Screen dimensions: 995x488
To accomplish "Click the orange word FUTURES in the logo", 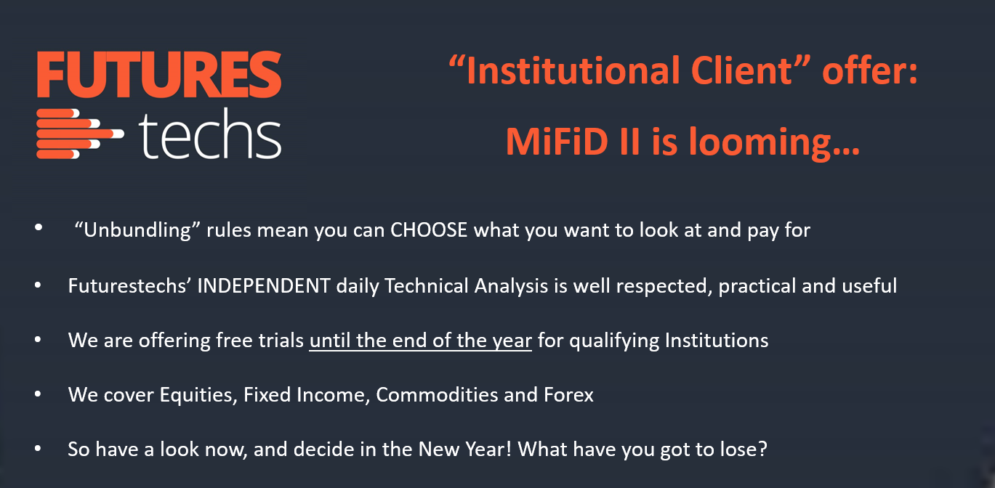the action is pyautogui.click(x=159, y=75).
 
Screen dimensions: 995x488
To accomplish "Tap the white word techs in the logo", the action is pyautogui.click(x=210, y=134).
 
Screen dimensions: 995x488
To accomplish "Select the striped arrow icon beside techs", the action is pyautogui.click(x=80, y=134).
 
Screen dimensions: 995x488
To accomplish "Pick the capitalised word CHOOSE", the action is pyautogui.click(x=429, y=230).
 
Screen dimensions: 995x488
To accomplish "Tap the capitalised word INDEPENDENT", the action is pyautogui.click(x=264, y=285).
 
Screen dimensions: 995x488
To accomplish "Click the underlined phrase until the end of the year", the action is pyautogui.click(x=421, y=341).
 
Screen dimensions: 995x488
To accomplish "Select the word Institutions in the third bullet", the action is pyautogui.click(x=717, y=341).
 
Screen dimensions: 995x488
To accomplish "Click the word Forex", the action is pyautogui.click(x=569, y=395).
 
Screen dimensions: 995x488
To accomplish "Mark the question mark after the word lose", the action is pyautogui.click(x=762, y=449).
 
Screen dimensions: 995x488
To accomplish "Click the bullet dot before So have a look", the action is pyautogui.click(x=38, y=449).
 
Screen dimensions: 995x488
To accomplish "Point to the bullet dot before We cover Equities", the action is pyautogui.click(x=38, y=394).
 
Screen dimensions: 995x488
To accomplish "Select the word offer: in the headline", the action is pyautogui.click(x=870, y=70).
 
